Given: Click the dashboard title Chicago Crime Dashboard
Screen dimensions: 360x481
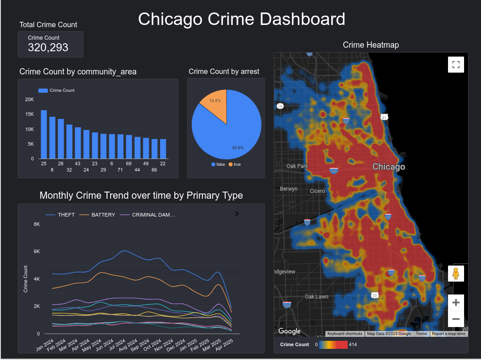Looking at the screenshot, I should coord(241,20).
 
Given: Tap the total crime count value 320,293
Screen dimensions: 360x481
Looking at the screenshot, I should coord(48,48).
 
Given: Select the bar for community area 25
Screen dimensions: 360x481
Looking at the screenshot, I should coord(44,134).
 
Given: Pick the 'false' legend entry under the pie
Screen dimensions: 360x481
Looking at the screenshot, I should coord(218,164).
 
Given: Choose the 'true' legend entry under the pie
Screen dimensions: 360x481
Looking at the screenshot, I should coord(234,164).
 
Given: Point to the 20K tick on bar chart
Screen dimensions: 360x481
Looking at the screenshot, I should coord(29,99).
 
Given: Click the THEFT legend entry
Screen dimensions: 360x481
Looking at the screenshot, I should coord(60,215).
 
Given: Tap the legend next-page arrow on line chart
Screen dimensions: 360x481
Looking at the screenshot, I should coord(237,214).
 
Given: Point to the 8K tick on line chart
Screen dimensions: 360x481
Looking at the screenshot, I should coord(37,224).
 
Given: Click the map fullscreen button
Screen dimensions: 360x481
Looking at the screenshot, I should coord(456,65).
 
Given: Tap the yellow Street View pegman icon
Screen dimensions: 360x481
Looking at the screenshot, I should coord(456,273).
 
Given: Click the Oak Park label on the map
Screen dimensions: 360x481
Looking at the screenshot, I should coord(297,166).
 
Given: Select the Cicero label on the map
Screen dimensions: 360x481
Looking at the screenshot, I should coord(317,191).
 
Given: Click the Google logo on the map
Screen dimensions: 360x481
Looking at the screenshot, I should coord(289,331).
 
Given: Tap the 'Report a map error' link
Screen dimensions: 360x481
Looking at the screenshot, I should coord(448,334).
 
